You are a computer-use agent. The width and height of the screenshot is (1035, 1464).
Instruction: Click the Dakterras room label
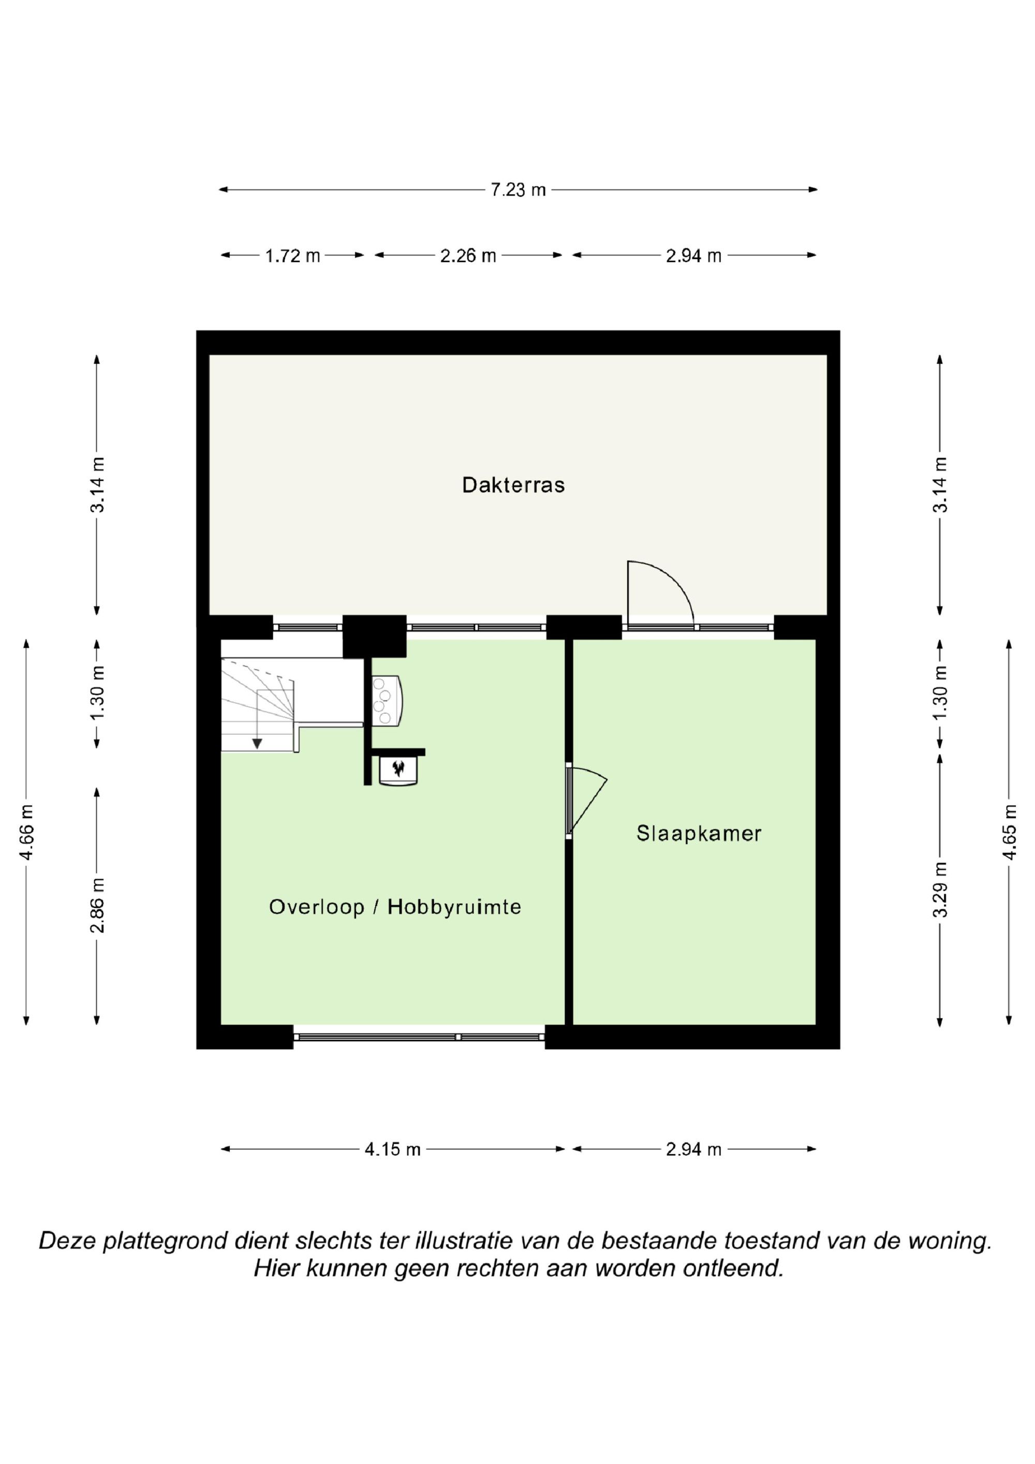pos(513,485)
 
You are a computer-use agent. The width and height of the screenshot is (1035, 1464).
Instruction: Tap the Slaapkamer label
pos(699,833)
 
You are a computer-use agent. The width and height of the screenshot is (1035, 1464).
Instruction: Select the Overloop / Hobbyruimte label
pos(395,907)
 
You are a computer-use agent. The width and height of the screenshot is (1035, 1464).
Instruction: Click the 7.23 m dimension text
pos(518,190)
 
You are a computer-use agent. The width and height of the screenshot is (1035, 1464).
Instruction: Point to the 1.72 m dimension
pos(293,256)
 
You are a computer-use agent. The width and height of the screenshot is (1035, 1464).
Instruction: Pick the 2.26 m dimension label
pos(468,256)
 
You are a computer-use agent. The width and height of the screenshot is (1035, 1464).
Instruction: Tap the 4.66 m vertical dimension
pos(27,832)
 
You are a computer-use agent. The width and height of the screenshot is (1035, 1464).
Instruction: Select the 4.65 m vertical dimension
pos(1009,832)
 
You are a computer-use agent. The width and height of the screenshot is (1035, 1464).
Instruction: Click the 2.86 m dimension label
pos(97,906)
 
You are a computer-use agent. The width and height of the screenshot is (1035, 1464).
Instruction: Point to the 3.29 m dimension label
pos(939,890)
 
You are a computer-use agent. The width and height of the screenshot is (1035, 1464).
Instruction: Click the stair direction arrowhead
pos(257,744)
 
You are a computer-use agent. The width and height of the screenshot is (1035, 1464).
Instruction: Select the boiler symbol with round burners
pos(387,701)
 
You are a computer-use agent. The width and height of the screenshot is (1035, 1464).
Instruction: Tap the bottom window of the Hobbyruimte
pos(420,1038)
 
